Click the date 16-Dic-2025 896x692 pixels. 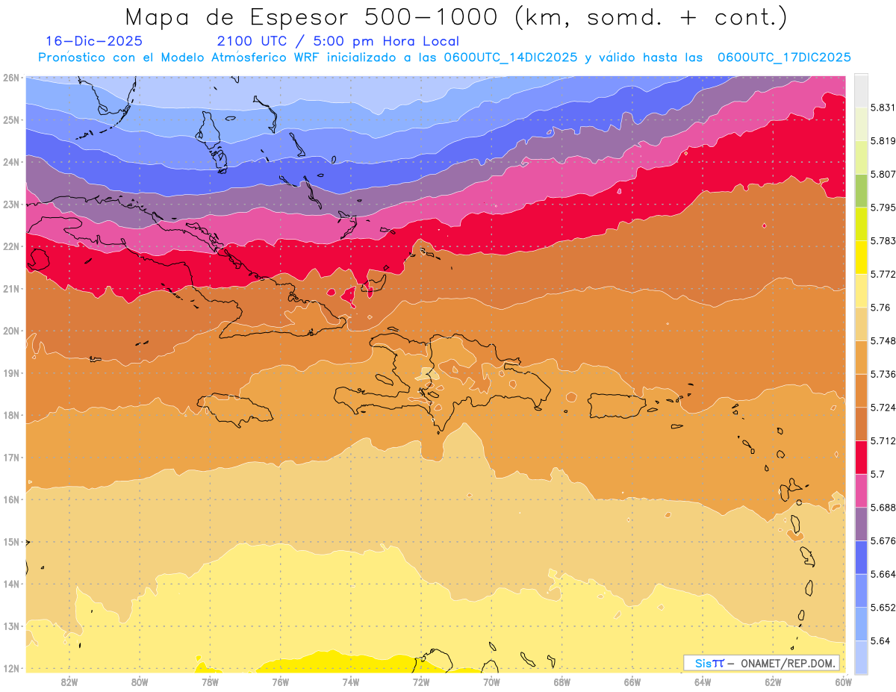click(x=94, y=41)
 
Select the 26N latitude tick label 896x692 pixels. click(x=11, y=78)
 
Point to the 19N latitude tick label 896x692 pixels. click(x=11, y=373)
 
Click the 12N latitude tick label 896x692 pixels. click(x=11, y=668)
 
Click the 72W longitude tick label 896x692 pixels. click(x=421, y=682)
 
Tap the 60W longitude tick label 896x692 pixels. click(x=844, y=682)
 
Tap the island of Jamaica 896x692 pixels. click(x=236, y=409)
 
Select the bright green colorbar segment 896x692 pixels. click(x=861, y=191)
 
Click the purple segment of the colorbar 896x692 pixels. click(x=861, y=524)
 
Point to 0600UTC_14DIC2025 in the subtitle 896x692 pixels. click(x=510, y=57)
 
